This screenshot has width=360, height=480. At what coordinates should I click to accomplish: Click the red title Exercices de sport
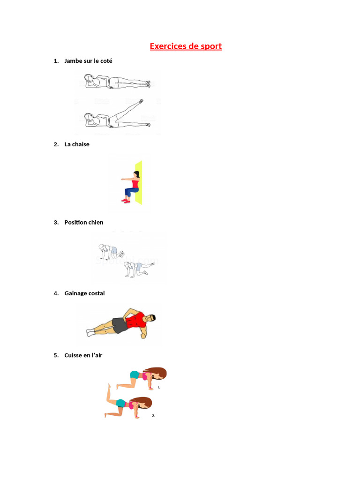(186, 46)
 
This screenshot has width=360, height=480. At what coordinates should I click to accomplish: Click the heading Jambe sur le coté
(88, 61)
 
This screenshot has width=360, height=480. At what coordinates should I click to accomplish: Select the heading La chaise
(77, 144)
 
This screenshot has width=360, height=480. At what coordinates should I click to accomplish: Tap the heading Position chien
(84, 222)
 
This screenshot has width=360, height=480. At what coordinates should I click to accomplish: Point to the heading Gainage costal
(84, 293)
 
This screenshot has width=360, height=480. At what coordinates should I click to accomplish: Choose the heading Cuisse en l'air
(83, 355)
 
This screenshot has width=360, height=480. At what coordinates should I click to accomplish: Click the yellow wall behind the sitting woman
(138, 183)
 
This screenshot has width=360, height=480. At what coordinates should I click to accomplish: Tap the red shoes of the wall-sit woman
(125, 201)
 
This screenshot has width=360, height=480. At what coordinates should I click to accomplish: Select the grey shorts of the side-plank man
(120, 325)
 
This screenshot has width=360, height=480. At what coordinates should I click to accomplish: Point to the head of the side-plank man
(150, 318)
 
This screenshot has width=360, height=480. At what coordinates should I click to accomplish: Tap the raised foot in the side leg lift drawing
(142, 100)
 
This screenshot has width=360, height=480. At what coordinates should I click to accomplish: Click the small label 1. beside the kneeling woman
(159, 388)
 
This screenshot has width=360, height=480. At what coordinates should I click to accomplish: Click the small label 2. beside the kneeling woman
(153, 416)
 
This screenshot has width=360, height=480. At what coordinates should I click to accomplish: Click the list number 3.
(56, 222)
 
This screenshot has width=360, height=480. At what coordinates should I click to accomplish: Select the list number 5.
(56, 355)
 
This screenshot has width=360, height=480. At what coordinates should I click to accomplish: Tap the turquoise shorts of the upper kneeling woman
(135, 375)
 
